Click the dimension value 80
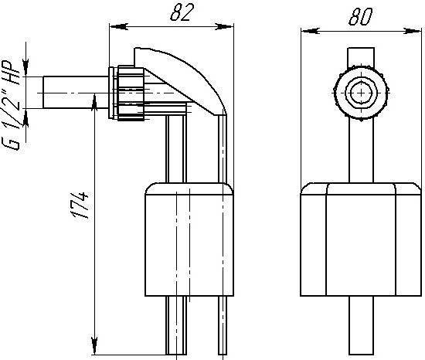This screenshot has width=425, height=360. (x=361, y=16)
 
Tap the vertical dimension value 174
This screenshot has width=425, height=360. (x=80, y=205)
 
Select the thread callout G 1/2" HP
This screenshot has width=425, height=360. (x=11, y=105)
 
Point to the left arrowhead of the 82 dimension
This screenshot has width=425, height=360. (x=118, y=26)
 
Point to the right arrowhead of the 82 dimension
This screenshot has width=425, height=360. (x=224, y=26)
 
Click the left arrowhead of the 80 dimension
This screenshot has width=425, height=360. (x=311, y=31)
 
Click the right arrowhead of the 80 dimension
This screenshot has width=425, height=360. (x=412, y=31)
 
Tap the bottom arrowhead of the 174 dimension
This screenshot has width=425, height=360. (x=94, y=346)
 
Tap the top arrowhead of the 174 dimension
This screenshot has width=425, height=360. (x=94, y=102)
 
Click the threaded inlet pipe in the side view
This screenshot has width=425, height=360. (x=76, y=93)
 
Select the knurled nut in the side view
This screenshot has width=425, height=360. (x=131, y=93)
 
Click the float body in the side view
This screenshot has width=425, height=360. (x=189, y=239)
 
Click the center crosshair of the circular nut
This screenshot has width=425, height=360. (x=362, y=93)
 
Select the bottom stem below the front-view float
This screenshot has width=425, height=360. (x=361, y=325)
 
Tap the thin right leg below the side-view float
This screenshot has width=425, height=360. (x=223, y=325)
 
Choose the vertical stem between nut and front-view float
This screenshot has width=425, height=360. (x=361, y=151)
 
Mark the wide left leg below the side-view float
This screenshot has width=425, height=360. (x=176, y=325)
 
